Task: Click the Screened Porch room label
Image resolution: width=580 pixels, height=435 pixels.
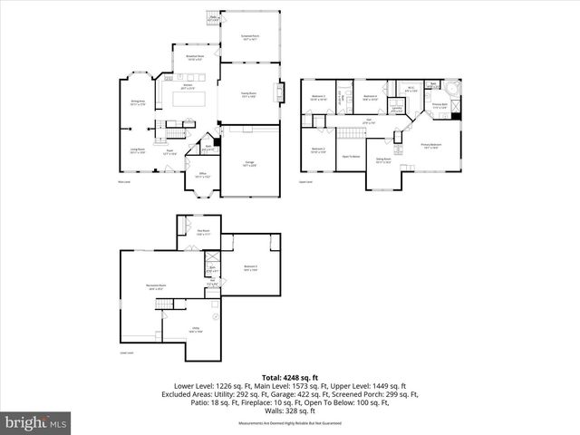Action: pyautogui.click(x=249, y=37)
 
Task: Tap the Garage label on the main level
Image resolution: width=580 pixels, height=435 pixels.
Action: pyautogui.click(x=248, y=163)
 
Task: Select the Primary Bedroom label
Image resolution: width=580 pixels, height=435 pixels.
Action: pyautogui.click(x=430, y=145)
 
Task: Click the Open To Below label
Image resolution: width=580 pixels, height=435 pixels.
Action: pyautogui.click(x=351, y=156)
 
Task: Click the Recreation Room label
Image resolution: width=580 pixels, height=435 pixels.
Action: pyautogui.click(x=156, y=286)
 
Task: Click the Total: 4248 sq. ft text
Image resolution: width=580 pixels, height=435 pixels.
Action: pyautogui.click(x=289, y=377)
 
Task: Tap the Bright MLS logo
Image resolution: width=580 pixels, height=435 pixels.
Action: pyautogui.click(x=36, y=422)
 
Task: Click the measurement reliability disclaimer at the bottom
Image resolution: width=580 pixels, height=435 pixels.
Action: pyautogui.click(x=289, y=423)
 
